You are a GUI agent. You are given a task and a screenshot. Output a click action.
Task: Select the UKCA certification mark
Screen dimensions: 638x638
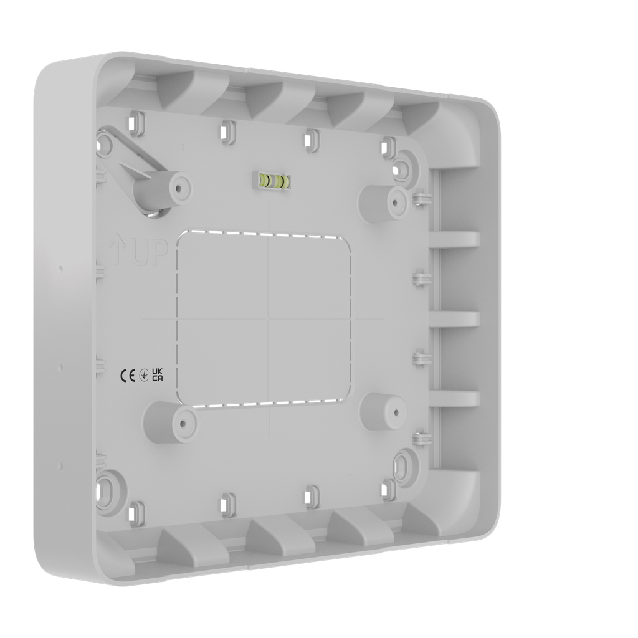[158, 374]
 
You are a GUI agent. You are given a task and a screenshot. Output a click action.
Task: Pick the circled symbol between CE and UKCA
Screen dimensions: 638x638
[143, 375]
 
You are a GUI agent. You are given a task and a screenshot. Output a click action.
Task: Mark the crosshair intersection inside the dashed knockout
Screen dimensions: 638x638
[268, 318]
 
